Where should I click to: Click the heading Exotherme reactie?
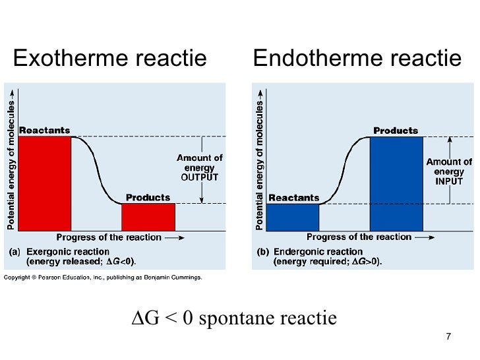pyautogui.click(x=109, y=59)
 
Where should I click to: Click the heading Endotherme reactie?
pyautogui.click(x=357, y=59)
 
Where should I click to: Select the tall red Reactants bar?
pyautogui.click(x=44, y=183)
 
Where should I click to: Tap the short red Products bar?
pyautogui.click(x=148, y=216)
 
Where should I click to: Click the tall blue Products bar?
pyautogui.click(x=395, y=183)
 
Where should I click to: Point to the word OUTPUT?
pyautogui.click(x=200, y=177)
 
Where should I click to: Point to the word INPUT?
pyautogui.click(x=449, y=181)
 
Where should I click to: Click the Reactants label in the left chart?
pyautogui.click(x=44, y=130)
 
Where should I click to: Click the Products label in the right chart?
pyautogui.click(x=396, y=131)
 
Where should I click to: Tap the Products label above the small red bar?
pyautogui.click(x=148, y=197)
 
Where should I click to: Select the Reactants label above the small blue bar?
pyautogui.click(x=294, y=197)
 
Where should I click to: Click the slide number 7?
pyautogui.click(x=448, y=337)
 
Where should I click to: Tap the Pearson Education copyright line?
pyautogui.click(x=103, y=278)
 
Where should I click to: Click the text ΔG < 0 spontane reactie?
pyautogui.click(x=235, y=318)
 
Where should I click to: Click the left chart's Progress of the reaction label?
pyautogui.click(x=109, y=237)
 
